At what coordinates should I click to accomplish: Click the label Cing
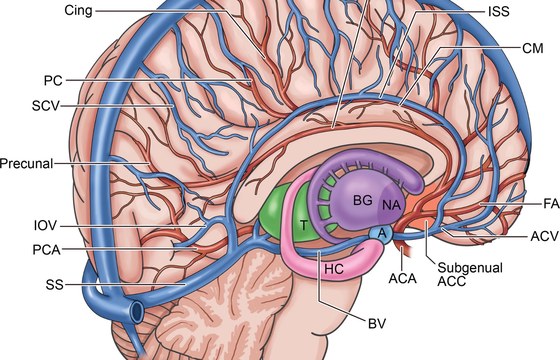78,11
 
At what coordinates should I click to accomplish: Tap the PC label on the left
53,81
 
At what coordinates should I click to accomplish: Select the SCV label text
45,106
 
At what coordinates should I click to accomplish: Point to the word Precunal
26,164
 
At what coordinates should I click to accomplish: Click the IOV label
45,226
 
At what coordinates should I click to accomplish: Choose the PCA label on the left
46,250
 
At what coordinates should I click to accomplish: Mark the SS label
54,285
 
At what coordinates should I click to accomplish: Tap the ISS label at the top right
499,11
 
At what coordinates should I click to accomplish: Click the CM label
533,48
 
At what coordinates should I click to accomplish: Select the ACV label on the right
545,236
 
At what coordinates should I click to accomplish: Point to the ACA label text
402,278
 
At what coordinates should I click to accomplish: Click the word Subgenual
470,268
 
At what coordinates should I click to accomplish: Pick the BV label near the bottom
377,324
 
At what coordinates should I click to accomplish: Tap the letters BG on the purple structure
363,200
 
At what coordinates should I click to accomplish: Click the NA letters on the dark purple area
392,205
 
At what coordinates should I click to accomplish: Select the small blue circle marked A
382,234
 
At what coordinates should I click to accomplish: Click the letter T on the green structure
304,225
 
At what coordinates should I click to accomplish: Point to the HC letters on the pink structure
334,269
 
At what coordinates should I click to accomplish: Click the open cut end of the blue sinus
138,310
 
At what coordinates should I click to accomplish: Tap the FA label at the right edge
551,204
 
